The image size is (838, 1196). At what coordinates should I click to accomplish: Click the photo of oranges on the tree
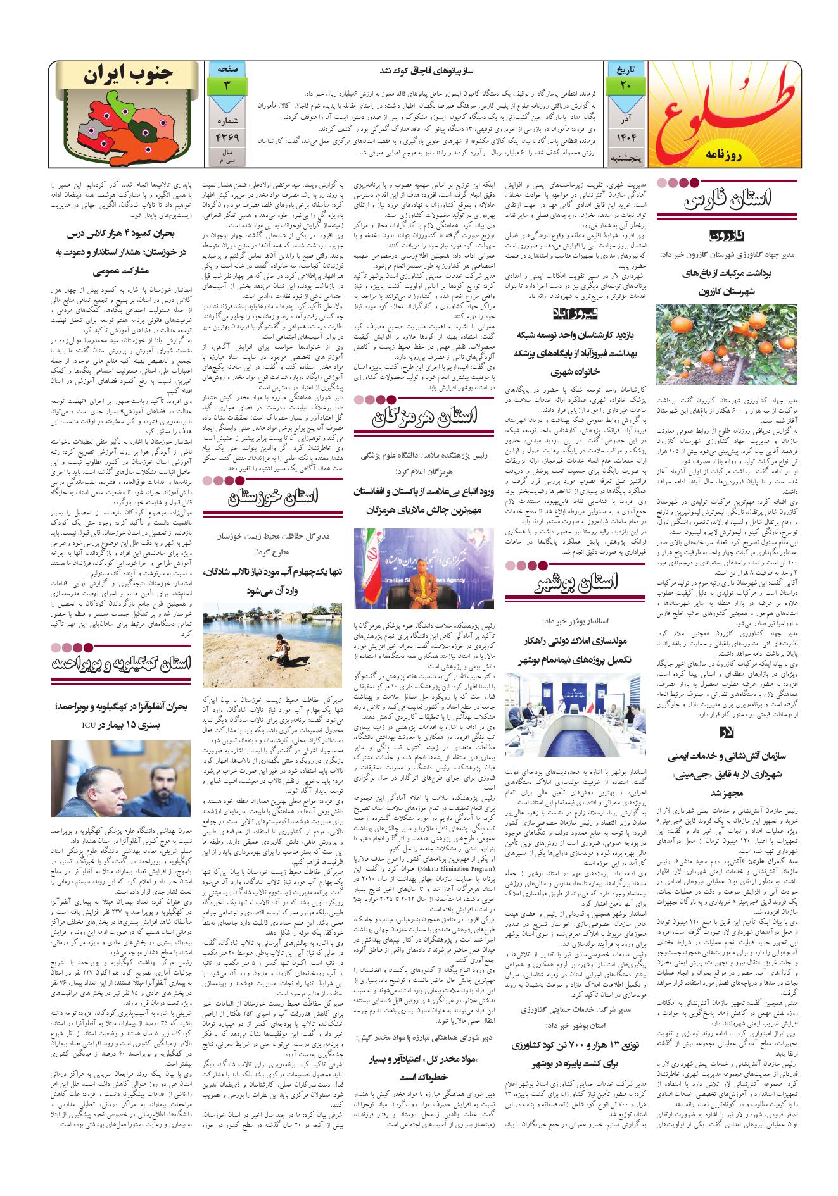tap(727, 344)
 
